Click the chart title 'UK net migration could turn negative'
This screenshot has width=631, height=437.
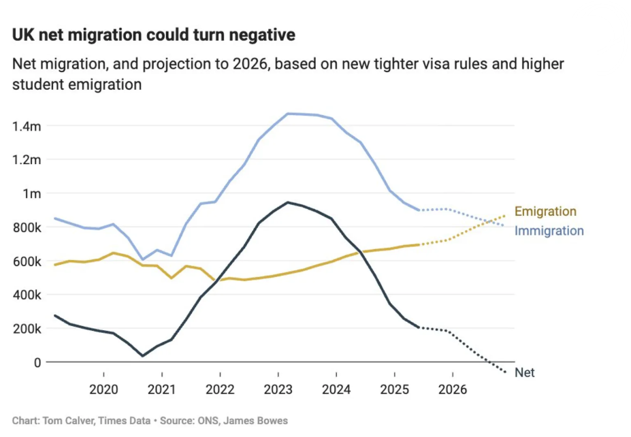click(154, 35)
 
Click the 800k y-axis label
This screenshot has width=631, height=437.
click(27, 227)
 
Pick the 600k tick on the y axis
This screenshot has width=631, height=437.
click(27, 261)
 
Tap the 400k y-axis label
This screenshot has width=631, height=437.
click(27, 295)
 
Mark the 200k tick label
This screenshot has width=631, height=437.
click(27, 329)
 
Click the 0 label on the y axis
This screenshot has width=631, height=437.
click(38, 362)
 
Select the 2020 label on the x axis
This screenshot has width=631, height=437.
click(103, 389)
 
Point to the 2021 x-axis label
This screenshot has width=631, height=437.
click(161, 389)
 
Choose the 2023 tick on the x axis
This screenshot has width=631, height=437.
click(278, 389)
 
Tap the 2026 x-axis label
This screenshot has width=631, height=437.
click(453, 389)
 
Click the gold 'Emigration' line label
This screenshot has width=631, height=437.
click(545, 212)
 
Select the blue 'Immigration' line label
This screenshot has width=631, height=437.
click(549, 231)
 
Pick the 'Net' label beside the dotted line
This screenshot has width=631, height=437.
click(524, 373)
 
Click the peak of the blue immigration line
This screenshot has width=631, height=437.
click(289, 114)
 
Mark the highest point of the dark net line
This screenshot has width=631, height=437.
click(288, 202)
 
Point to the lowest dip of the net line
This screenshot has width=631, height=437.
click(142, 355)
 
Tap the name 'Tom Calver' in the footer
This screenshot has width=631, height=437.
click(65, 421)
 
